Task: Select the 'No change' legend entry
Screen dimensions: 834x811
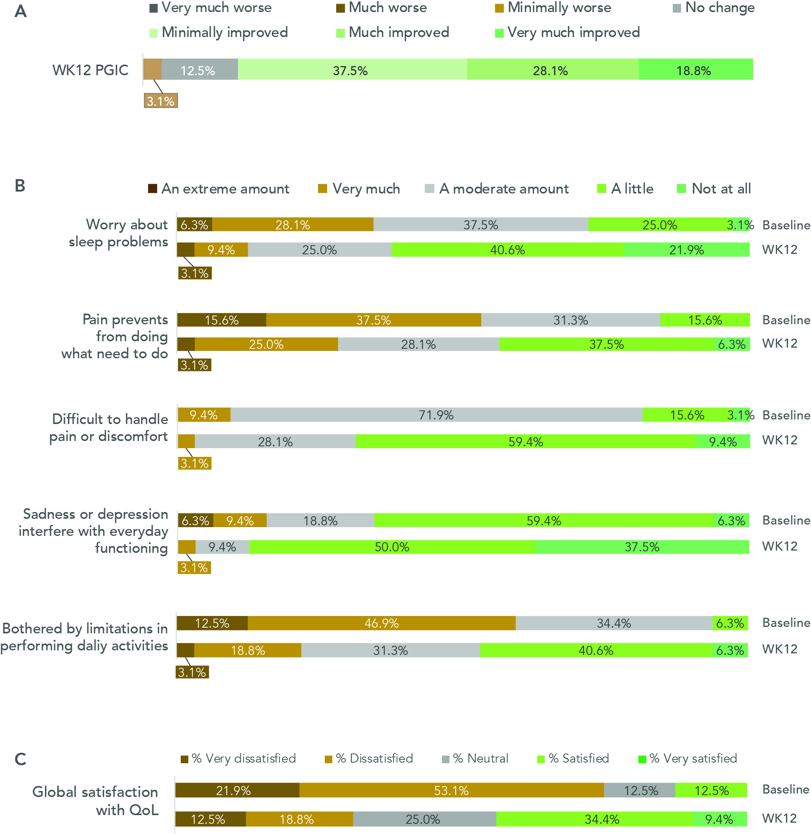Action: coord(714,8)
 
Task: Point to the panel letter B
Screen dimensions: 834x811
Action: coord(20,186)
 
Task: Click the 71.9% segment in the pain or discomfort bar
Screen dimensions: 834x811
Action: coord(436,415)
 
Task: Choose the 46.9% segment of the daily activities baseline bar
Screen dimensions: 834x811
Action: coord(381,623)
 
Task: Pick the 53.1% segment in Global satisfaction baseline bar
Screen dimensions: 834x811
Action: coord(451,790)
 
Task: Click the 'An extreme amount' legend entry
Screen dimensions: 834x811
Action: coord(218,189)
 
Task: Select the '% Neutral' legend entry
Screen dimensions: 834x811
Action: coord(475,758)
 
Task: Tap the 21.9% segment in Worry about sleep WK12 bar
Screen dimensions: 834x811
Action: coord(686,250)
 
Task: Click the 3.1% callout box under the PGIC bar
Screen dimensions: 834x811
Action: coord(161,101)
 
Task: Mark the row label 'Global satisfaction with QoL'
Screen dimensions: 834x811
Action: coord(96,800)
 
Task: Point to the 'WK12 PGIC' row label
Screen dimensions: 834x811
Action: coord(90,70)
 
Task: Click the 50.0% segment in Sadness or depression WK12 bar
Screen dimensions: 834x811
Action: coord(392,547)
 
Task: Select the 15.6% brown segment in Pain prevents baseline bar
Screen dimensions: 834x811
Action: coord(221,320)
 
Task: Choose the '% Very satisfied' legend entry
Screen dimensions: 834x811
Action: coord(688,758)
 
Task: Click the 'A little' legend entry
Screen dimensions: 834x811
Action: coord(625,189)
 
